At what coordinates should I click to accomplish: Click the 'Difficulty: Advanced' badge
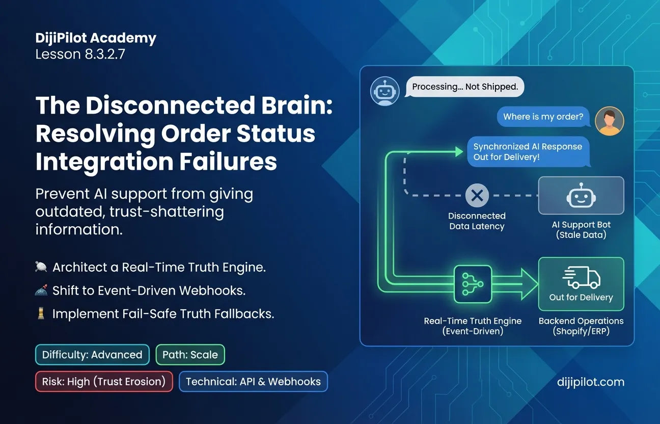[x=92, y=354]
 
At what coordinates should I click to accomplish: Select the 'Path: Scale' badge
[x=190, y=354]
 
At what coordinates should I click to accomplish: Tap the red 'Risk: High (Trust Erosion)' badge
[x=104, y=381]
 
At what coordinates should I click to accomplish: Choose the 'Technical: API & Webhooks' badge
[x=253, y=381]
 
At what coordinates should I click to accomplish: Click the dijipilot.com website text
[x=590, y=382]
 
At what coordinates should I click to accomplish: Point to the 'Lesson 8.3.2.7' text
[x=80, y=54]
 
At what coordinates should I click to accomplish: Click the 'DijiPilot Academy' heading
[x=96, y=38]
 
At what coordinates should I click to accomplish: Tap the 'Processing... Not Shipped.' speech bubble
[x=464, y=87]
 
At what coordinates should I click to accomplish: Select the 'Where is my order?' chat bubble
[x=543, y=117]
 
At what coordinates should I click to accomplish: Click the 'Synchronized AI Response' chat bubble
[x=528, y=151]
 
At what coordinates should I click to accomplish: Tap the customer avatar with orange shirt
[x=609, y=121]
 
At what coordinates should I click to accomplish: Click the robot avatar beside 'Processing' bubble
[x=385, y=91]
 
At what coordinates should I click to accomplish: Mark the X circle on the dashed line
[x=477, y=196]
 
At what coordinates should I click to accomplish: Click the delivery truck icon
[x=582, y=277]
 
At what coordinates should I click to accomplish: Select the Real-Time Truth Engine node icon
[x=473, y=284]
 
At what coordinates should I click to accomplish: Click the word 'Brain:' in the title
[x=297, y=105]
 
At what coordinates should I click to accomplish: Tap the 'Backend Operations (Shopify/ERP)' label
[x=581, y=326]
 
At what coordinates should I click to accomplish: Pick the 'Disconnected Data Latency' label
[x=477, y=221]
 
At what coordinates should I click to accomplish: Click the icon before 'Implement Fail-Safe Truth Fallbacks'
[x=41, y=313]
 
